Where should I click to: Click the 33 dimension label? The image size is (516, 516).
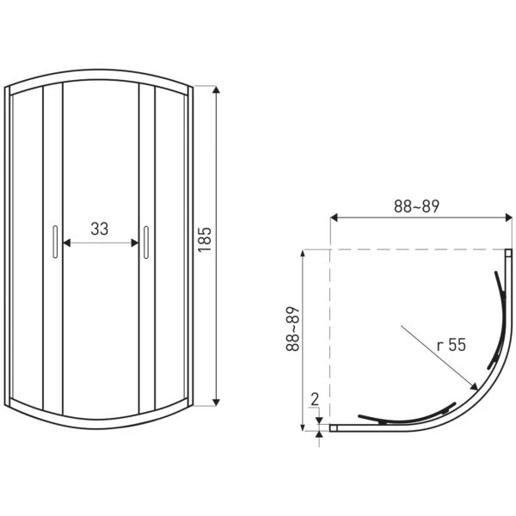pyautogui.click(x=100, y=229)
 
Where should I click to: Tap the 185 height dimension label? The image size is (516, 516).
pyautogui.click(x=205, y=240)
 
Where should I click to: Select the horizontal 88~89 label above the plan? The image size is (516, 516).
pyautogui.click(x=416, y=206)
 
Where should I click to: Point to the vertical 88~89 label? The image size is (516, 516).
pyautogui.click(x=292, y=329)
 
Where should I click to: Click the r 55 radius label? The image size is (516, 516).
pyautogui.click(x=451, y=345)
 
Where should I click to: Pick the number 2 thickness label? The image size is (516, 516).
pyautogui.click(x=315, y=400)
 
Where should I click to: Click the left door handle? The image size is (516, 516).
pyautogui.click(x=55, y=242)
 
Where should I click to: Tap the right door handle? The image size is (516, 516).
pyautogui.click(x=146, y=243)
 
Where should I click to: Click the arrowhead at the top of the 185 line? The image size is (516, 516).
pyautogui.click(x=216, y=89)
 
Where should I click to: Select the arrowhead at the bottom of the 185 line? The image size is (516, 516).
pyautogui.click(x=216, y=402)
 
